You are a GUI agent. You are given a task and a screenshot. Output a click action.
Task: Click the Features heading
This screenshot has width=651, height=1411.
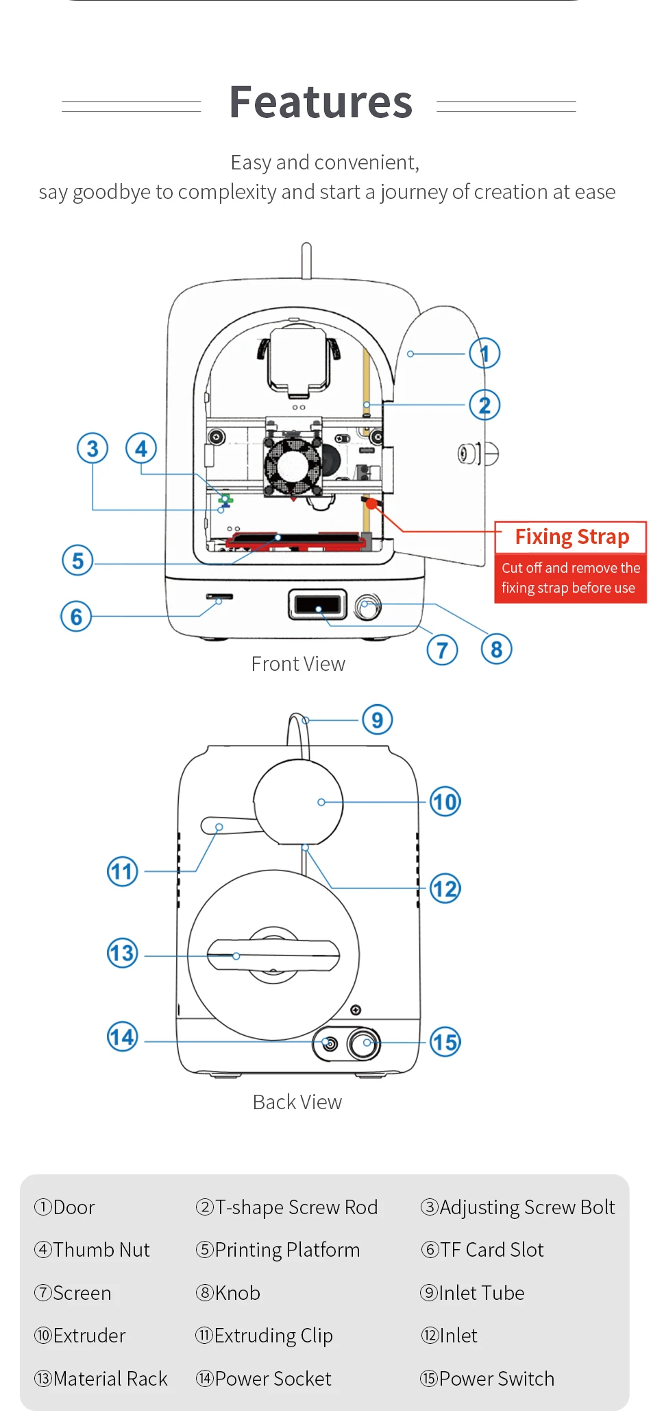[x=321, y=102]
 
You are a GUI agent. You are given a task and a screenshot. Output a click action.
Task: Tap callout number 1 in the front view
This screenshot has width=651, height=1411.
[x=484, y=353]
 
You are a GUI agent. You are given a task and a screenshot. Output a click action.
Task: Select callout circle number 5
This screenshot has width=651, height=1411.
[x=77, y=560]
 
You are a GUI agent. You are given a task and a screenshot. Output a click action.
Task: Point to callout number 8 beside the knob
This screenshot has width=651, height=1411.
[x=497, y=649]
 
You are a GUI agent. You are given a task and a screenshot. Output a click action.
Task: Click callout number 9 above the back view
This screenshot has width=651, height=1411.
[x=377, y=720]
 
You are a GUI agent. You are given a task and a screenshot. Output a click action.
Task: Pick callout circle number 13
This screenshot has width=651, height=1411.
[x=123, y=953]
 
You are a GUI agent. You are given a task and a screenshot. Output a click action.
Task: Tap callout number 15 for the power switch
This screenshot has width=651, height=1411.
[x=445, y=1042]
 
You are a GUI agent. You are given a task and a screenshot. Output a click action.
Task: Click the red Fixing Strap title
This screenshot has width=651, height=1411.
[x=572, y=536]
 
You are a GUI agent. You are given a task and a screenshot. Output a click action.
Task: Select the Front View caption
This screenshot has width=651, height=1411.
[x=298, y=664]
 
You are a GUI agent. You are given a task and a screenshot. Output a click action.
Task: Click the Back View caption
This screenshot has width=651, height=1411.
[x=297, y=1102]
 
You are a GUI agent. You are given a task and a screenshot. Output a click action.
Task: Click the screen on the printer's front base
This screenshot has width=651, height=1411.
[x=317, y=605]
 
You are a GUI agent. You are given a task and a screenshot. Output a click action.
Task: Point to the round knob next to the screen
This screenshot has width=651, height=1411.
[x=368, y=606]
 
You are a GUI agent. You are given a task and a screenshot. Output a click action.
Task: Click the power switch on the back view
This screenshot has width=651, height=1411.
[x=364, y=1043]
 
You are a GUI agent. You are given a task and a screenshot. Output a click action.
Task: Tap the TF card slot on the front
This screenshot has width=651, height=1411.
[x=220, y=597]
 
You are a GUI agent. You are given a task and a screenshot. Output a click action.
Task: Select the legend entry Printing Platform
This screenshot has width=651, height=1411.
[x=278, y=1250]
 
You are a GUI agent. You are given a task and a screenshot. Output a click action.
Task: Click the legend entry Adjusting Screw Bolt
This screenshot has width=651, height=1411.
[x=518, y=1207]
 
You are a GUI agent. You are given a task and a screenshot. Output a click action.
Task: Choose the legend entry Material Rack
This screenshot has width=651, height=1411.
[x=101, y=1379]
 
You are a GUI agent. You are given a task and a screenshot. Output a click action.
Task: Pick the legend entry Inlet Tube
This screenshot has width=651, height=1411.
[x=472, y=1293]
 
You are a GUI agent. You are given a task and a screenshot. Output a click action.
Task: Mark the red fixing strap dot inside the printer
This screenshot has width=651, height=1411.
[x=371, y=504]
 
